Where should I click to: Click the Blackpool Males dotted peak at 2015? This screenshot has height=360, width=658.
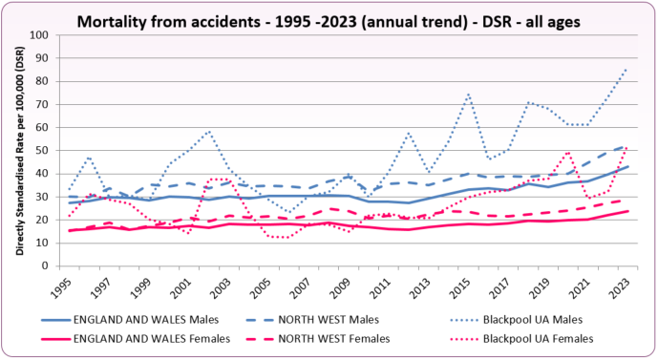[x=469, y=94]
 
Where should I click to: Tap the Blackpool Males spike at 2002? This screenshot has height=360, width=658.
[x=211, y=131]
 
